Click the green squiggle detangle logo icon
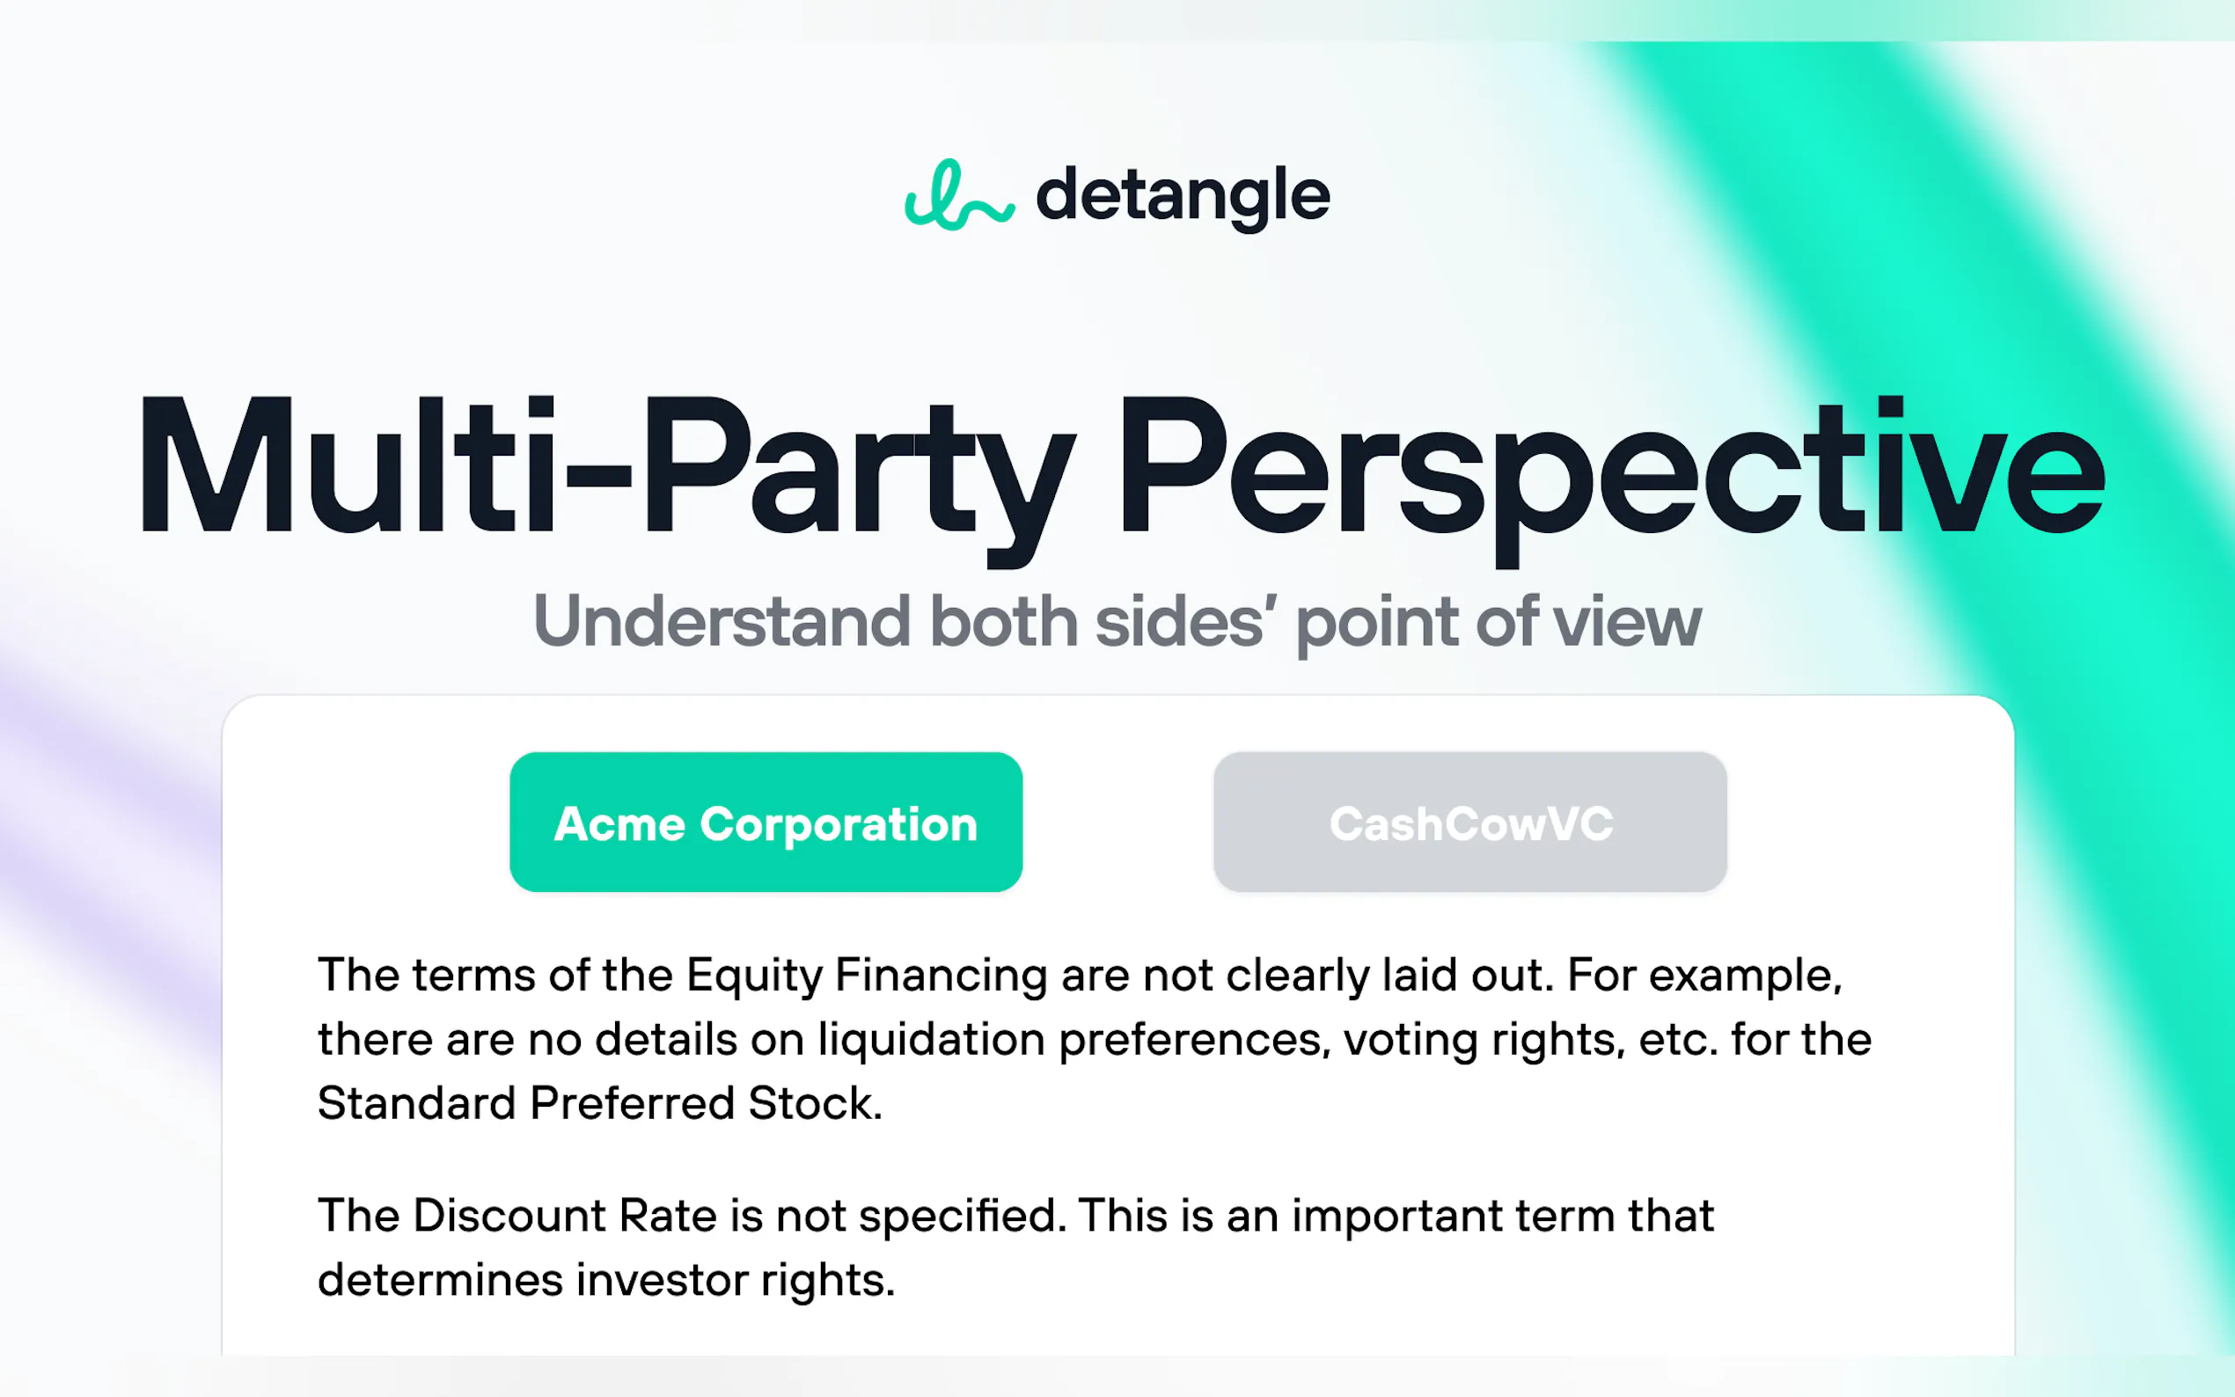click(959, 195)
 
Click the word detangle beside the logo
click(1183, 195)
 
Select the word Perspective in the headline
click(1609, 466)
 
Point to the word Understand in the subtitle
click(722, 622)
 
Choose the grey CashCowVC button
click(1470, 823)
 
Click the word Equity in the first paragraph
click(754, 976)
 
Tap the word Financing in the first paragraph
click(941, 976)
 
